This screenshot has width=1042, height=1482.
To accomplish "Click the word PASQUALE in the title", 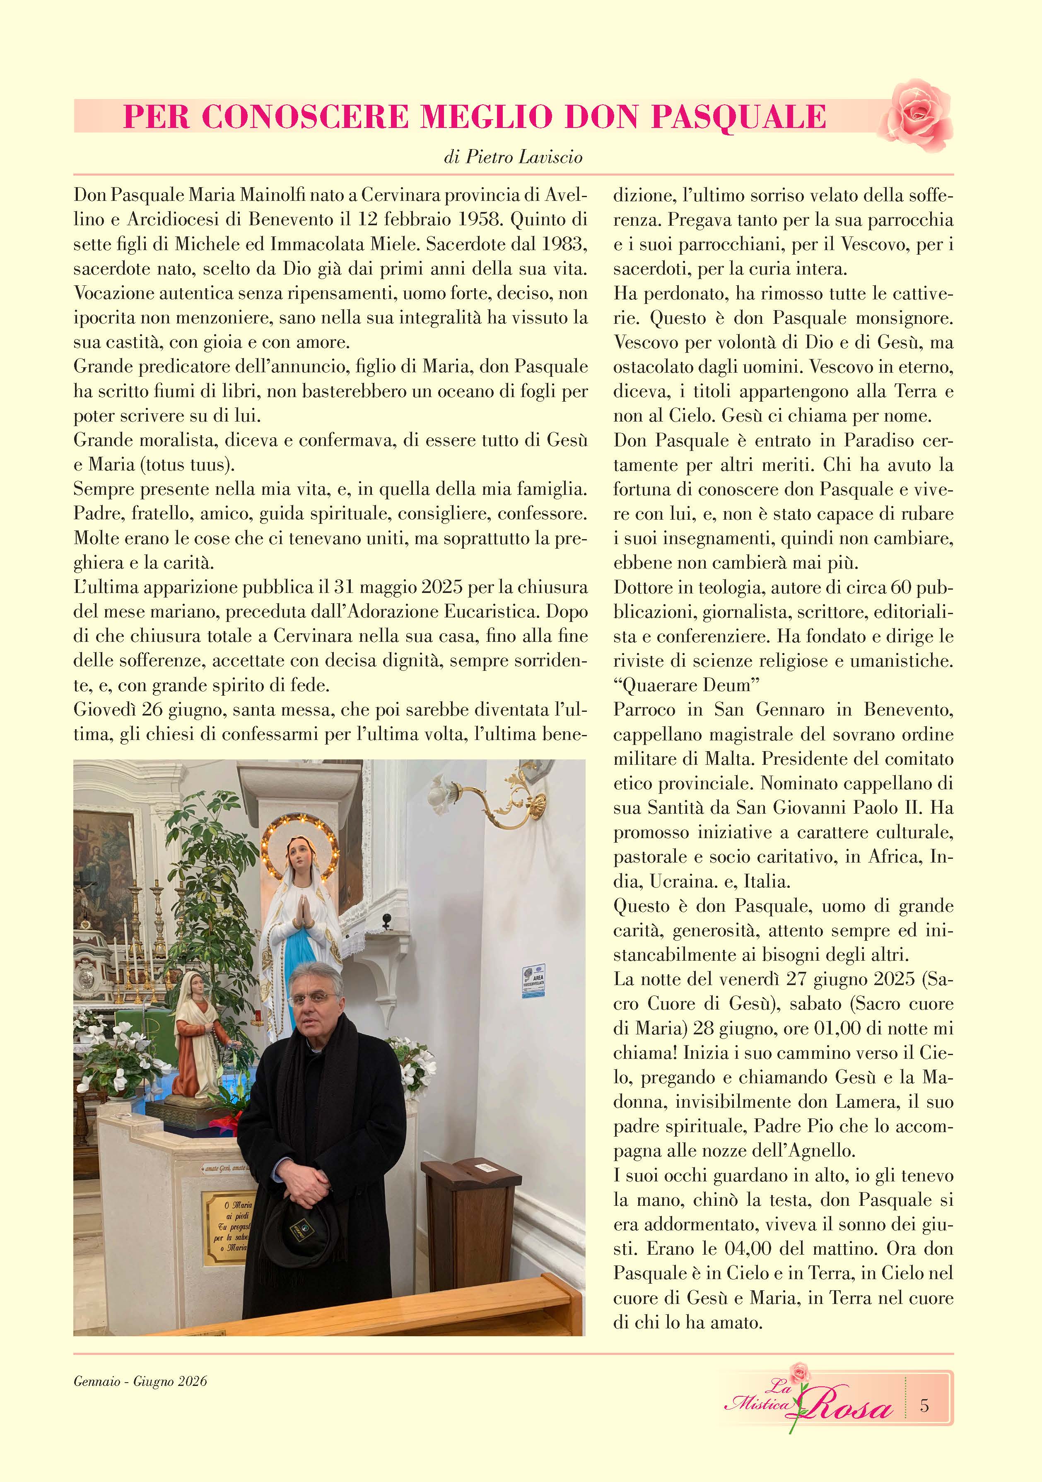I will tap(738, 117).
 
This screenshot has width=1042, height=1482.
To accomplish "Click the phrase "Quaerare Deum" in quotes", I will tap(686, 685).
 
